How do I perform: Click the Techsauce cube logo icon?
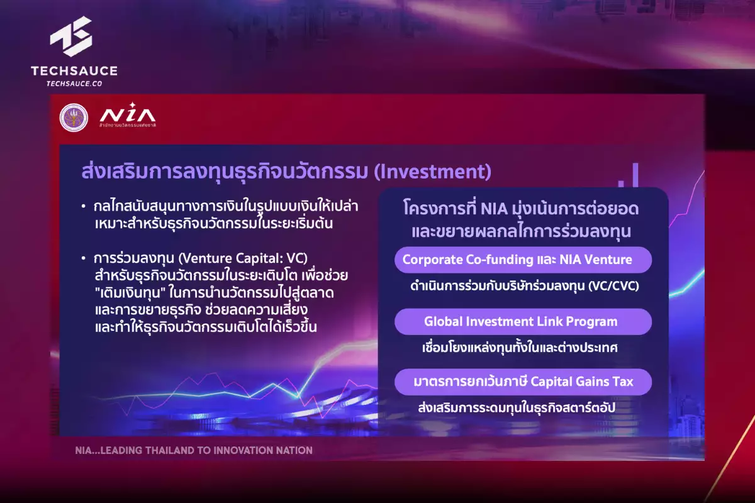[71, 36]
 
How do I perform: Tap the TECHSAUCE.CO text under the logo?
[74, 84]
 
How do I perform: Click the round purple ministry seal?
[74, 118]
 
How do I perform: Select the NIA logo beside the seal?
[128, 115]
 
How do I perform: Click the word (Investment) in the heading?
[433, 172]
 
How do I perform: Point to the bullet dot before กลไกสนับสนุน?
[84, 206]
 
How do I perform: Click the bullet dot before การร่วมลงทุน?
[84, 258]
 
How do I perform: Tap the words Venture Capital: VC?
[243, 258]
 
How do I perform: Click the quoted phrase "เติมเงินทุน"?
[130, 293]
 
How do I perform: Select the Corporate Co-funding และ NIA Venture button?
[523, 260]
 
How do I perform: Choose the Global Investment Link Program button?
[523, 322]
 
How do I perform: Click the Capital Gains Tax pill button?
[523, 382]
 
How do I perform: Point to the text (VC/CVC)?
[613, 286]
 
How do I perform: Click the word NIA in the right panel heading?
[494, 209]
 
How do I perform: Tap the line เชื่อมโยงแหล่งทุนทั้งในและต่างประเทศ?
[520, 347]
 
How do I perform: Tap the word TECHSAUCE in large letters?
[74, 71]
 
